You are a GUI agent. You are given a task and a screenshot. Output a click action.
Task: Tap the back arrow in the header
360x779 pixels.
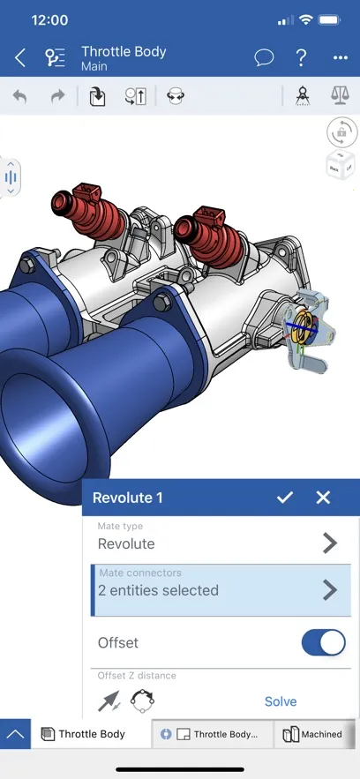(20, 58)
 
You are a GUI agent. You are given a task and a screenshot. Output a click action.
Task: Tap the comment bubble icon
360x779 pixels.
(264, 58)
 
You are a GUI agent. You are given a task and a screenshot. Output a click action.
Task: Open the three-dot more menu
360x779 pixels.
(341, 58)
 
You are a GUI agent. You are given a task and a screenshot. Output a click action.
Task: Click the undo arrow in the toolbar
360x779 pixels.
(19, 96)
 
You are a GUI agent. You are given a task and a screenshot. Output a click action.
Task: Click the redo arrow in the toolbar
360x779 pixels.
(58, 96)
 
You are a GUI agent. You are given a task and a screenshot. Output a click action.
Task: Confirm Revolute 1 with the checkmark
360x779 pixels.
(284, 498)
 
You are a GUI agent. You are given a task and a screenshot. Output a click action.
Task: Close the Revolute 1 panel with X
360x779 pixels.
(323, 498)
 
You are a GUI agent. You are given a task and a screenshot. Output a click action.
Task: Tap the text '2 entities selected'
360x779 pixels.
(158, 590)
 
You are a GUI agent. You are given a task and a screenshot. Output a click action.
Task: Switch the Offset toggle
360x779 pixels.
(323, 643)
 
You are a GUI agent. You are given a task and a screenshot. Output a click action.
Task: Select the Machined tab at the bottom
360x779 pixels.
(312, 734)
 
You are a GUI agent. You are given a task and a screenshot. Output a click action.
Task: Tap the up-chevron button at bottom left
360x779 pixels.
(15, 734)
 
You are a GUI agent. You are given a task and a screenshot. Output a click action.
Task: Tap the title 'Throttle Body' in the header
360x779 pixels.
(124, 52)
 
